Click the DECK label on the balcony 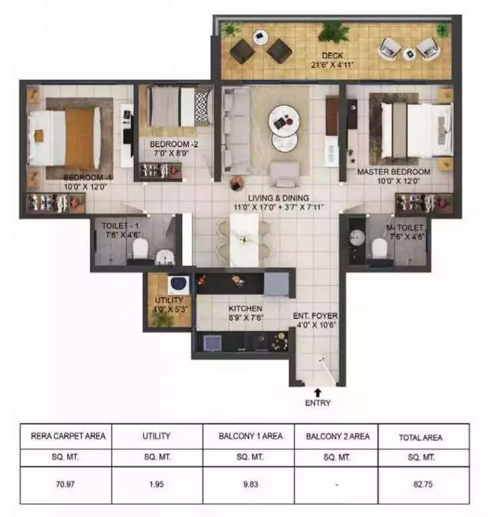333,56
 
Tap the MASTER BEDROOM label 394,172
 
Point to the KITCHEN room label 246,308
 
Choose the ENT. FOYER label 315,316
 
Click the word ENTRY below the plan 318,403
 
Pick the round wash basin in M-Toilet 357,238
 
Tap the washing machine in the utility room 178,284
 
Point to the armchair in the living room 284,174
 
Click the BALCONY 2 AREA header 337,436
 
